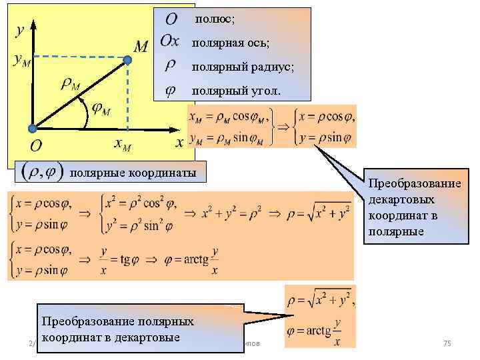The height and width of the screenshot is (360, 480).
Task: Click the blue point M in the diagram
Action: coord(128,60)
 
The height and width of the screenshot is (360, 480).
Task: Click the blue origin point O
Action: coord(31,128)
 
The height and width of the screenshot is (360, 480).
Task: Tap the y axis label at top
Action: coord(20,30)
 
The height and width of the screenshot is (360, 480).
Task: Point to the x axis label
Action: coord(179,143)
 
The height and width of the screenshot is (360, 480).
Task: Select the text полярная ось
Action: coord(231,43)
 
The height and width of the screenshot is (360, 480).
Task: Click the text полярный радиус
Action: coord(242,67)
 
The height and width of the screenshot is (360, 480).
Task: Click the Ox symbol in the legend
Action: coord(170,41)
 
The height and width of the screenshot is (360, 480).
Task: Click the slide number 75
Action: coord(447,343)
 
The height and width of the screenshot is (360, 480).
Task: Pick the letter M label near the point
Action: coord(141,47)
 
